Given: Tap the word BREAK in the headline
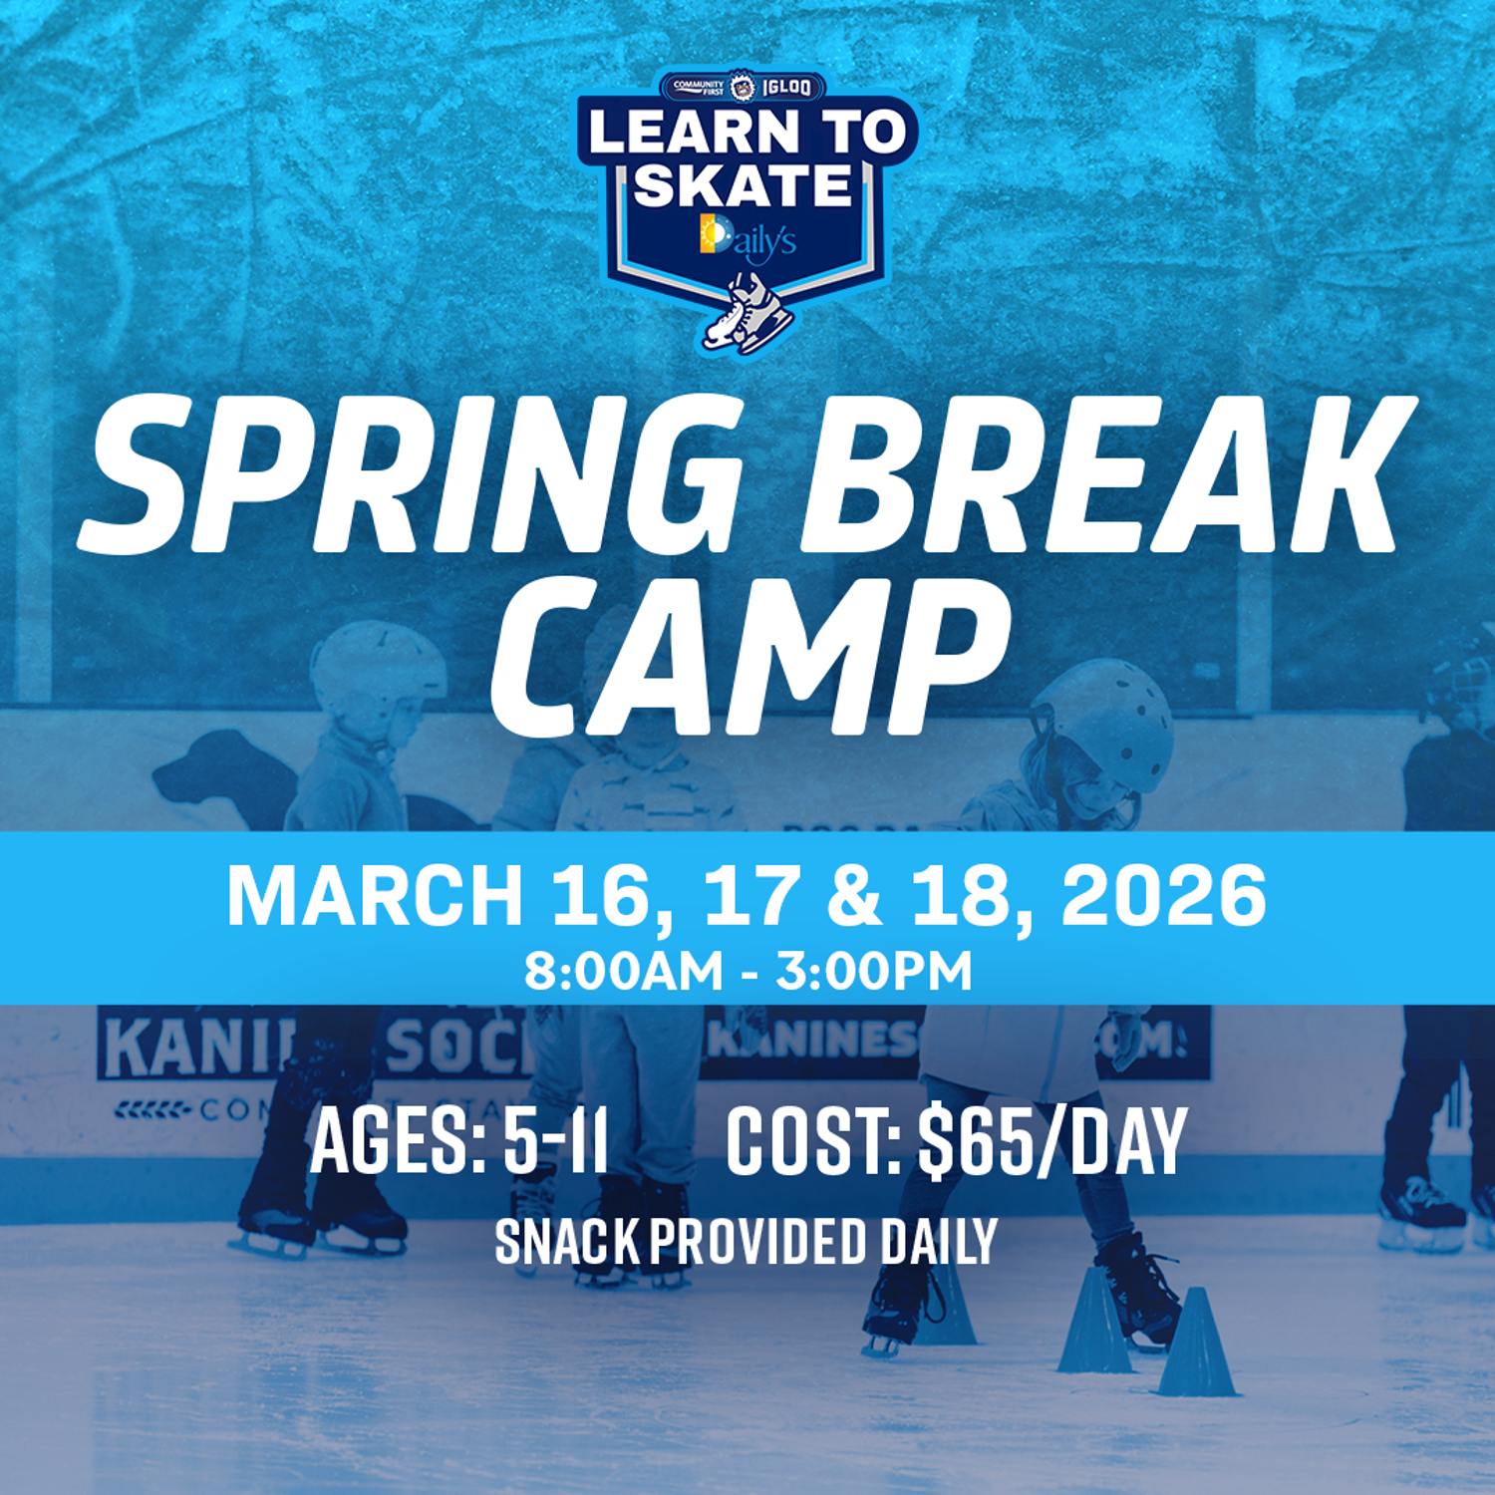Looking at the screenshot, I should pyautogui.click(x=1106, y=473).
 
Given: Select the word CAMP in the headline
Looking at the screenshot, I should pyautogui.click(x=747, y=658).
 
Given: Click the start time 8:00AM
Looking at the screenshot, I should pyautogui.click(x=624, y=971).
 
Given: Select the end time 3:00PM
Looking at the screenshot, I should pyautogui.click(x=874, y=971).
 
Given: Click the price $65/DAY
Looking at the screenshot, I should pyautogui.click(x=1051, y=1141).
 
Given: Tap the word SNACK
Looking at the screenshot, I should pyautogui.click(x=567, y=1242).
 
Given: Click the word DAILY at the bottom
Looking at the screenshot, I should pyautogui.click(x=938, y=1242).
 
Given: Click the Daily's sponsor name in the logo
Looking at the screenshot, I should pyautogui.click(x=748, y=239).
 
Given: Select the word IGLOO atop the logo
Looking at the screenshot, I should pyautogui.click(x=787, y=88).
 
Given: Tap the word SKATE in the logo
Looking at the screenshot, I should pyautogui.click(x=744, y=185).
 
